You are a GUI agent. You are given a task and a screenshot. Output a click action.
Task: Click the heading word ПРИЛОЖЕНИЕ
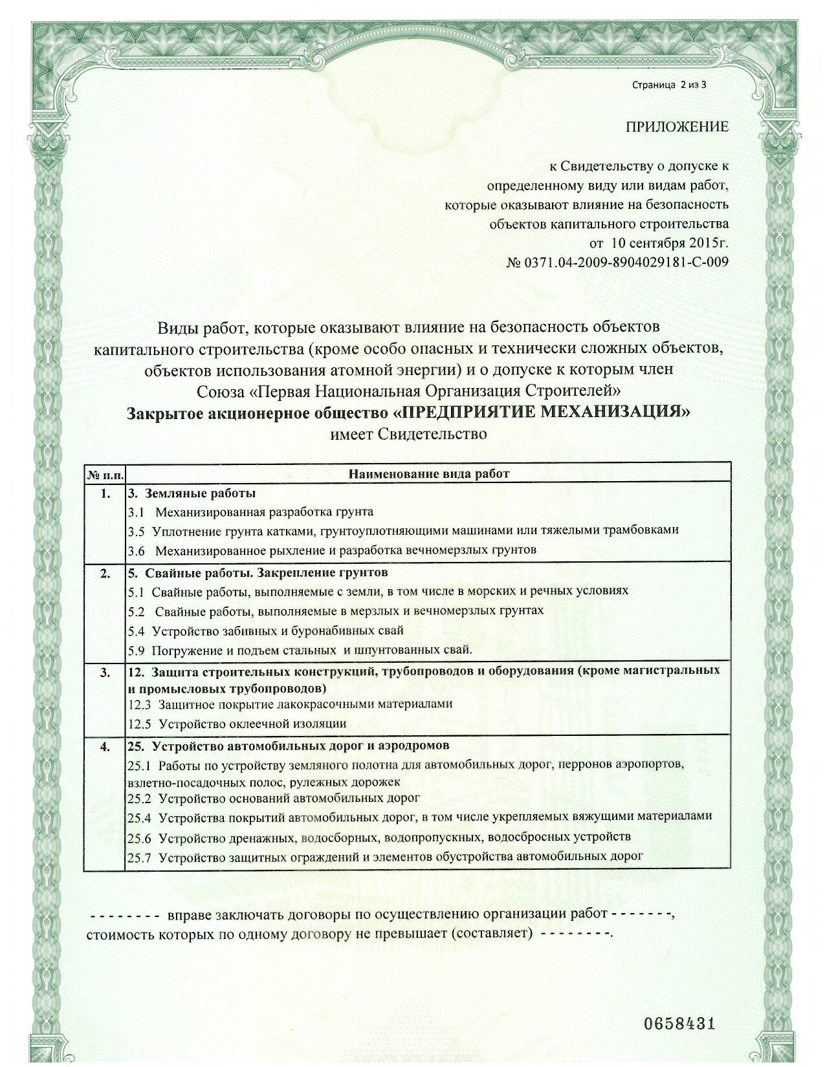click(676, 126)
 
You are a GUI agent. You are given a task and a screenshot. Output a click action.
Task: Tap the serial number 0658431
click(679, 1024)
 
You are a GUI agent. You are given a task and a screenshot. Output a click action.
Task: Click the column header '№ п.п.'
click(105, 474)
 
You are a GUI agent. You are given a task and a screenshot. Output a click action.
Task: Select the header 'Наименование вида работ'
click(429, 474)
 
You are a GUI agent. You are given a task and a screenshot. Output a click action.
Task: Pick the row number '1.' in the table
click(105, 494)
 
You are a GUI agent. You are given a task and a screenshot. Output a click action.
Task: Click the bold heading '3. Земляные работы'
click(192, 494)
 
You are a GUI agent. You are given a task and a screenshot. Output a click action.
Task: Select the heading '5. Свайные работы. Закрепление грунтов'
click(258, 573)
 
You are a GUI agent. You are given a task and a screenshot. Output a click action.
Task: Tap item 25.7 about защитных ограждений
click(385, 856)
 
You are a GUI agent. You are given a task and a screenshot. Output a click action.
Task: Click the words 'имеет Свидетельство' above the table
click(408, 434)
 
